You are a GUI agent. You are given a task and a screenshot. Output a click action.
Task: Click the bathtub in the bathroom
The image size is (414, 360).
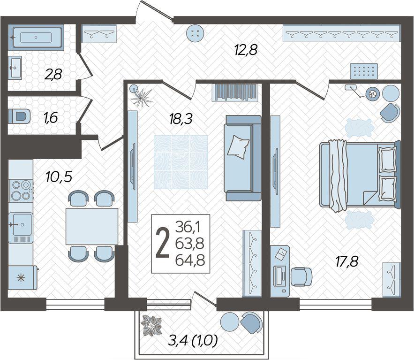pyautogui.click(x=36, y=38)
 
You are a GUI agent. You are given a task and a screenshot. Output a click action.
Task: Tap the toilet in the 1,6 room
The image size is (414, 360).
pyautogui.click(x=19, y=116)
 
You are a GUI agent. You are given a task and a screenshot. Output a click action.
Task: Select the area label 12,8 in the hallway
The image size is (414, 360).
pyautogui.click(x=246, y=50)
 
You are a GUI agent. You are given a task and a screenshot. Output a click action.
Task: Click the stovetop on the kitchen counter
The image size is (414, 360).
pyautogui.click(x=21, y=190)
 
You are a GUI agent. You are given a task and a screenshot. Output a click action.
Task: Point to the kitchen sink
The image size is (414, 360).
pyautogui.click(x=21, y=225)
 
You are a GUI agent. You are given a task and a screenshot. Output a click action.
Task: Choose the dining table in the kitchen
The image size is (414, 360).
pyautogui.click(x=91, y=226)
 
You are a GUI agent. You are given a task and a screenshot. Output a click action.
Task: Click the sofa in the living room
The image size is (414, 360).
pyautogui.click(x=242, y=158)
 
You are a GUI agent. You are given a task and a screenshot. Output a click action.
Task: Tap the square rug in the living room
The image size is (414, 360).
pyautogui.click(x=181, y=162)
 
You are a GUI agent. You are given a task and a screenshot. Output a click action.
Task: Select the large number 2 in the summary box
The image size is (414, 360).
pyautogui.click(x=163, y=243)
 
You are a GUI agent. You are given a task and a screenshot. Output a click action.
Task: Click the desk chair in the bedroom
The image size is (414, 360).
pyautogui.click(x=301, y=276)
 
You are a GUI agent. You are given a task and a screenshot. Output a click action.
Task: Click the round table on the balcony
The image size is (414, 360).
pyautogui.click(x=230, y=322)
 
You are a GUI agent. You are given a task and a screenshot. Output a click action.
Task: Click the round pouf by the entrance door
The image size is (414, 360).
pyautogui.click(x=195, y=33)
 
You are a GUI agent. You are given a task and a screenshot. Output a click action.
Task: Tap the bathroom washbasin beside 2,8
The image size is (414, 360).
pyautogui.click(x=15, y=68)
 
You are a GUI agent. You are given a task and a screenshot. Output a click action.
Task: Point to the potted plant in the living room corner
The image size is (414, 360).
pyautogui.click(x=142, y=96)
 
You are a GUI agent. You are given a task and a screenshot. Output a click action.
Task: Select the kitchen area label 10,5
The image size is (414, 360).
pyautogui.click(x=59, y=176)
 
